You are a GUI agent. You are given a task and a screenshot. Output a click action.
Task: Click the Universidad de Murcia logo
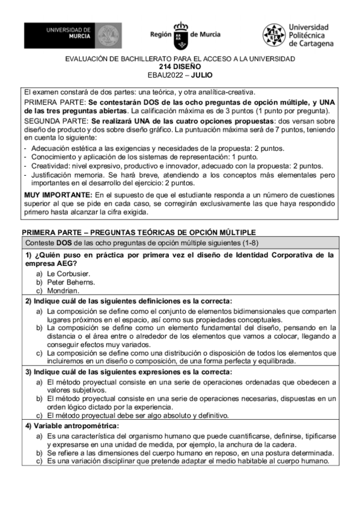[x=73, y=35]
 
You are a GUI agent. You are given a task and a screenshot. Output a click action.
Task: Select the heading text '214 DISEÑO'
[x=180, y=67]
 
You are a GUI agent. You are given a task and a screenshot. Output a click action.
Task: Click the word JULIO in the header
[x=202, y=75]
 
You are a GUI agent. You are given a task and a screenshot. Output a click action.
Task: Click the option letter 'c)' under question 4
[x=39, y=461]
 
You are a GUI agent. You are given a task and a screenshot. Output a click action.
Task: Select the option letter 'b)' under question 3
[x=39, y=399]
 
